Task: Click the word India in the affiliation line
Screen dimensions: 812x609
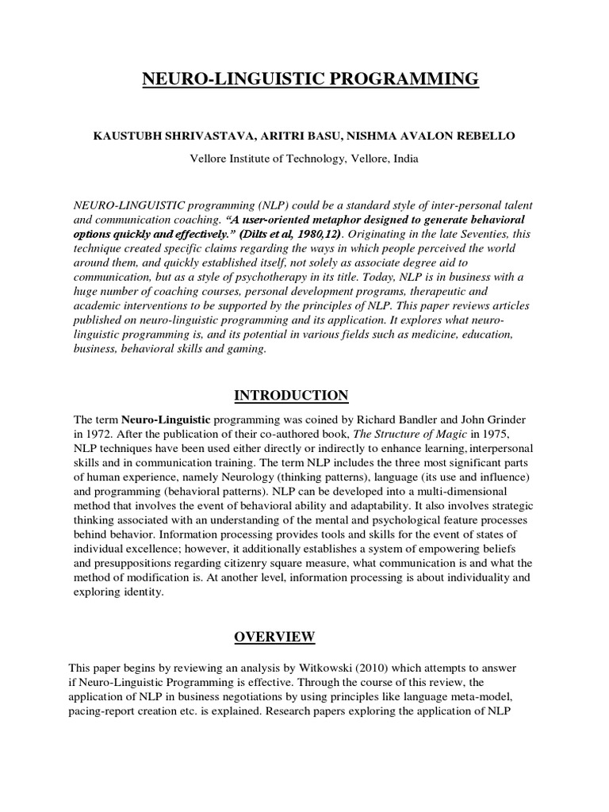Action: pos(401,158)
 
